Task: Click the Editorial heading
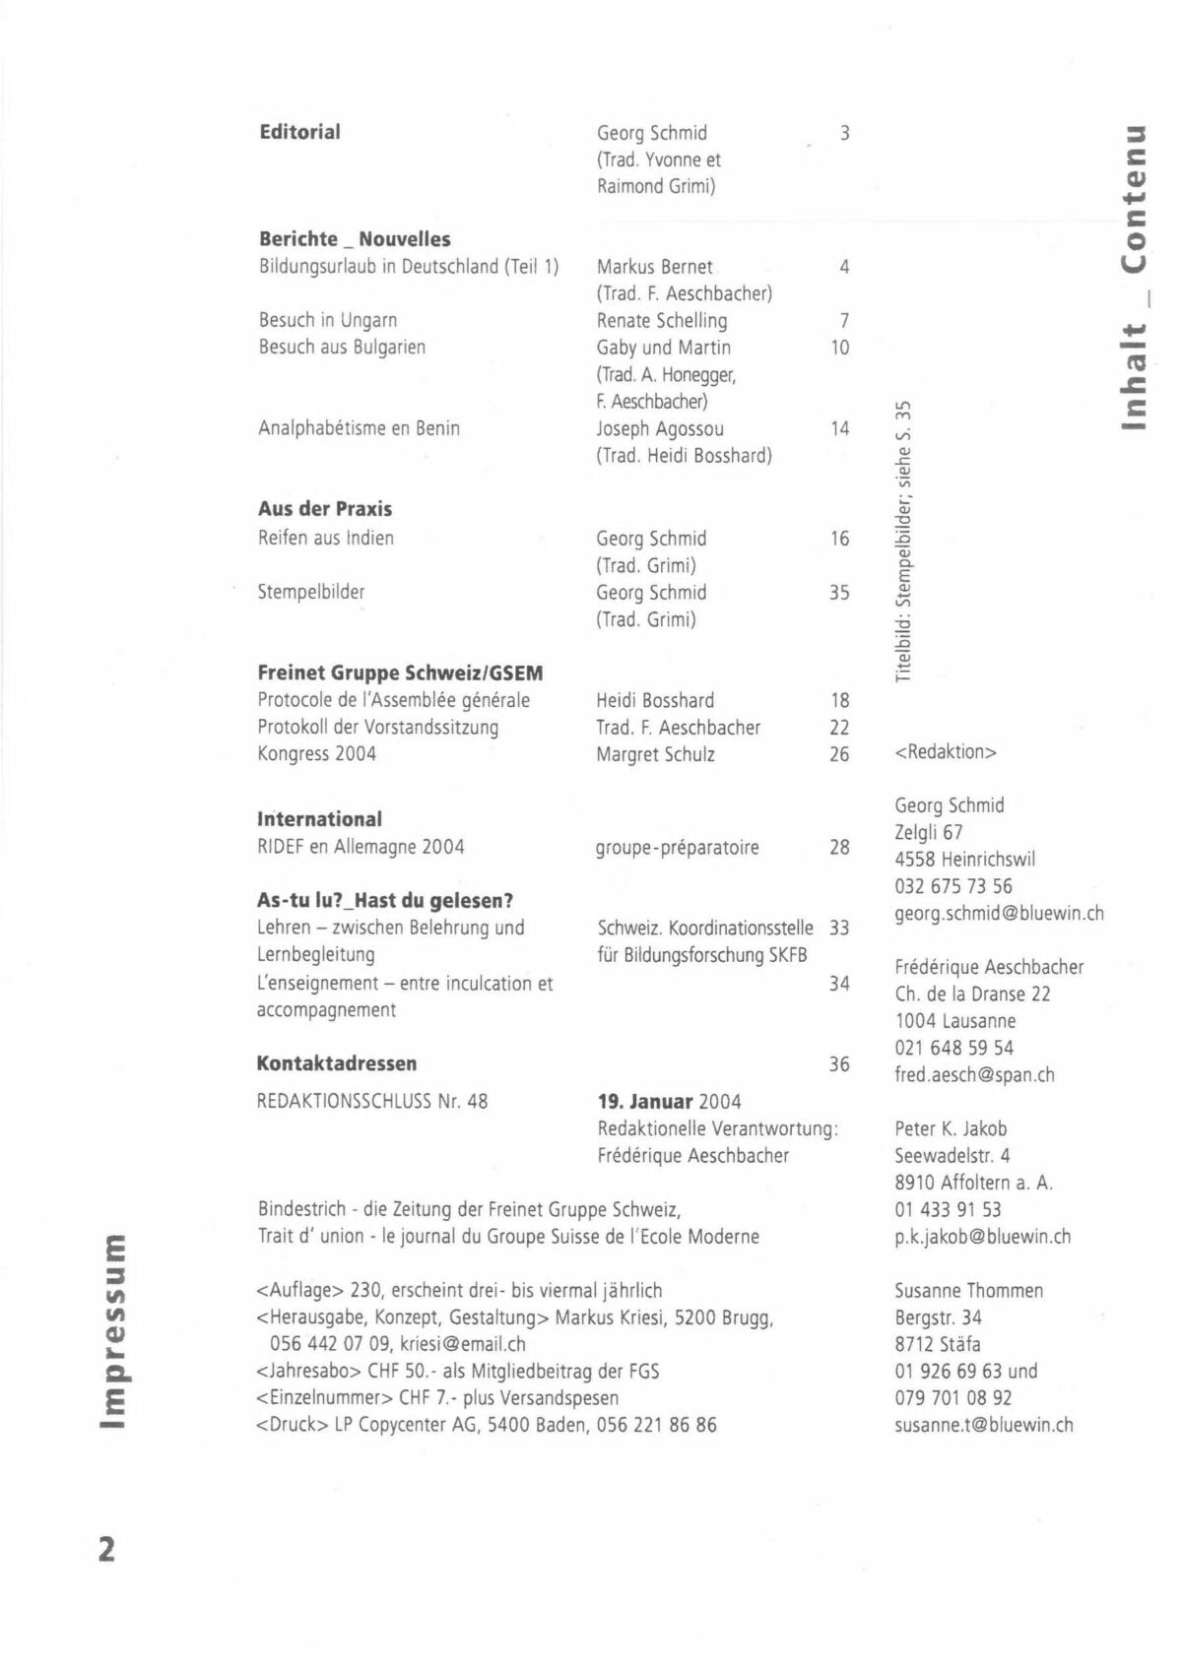[299, 132]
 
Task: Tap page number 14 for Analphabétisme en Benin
[839, 428]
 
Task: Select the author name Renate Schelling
[661, 321]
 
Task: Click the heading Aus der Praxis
[325, 509]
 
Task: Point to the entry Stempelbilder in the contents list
[311, 592]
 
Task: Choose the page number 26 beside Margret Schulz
[839, 754]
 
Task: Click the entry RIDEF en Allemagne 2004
[361, 847]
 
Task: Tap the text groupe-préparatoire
[677, 847]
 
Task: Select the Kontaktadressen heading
[336, 1063]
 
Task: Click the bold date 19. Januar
[645, 1102]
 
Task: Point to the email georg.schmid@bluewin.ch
[999, 914]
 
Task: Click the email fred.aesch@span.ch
[974, 1075]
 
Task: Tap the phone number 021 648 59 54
[953, 1048]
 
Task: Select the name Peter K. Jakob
[951, 1128]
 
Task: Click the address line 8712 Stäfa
[938, 1344]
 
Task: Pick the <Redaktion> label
[946, 752]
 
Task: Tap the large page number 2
[106, 1549]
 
